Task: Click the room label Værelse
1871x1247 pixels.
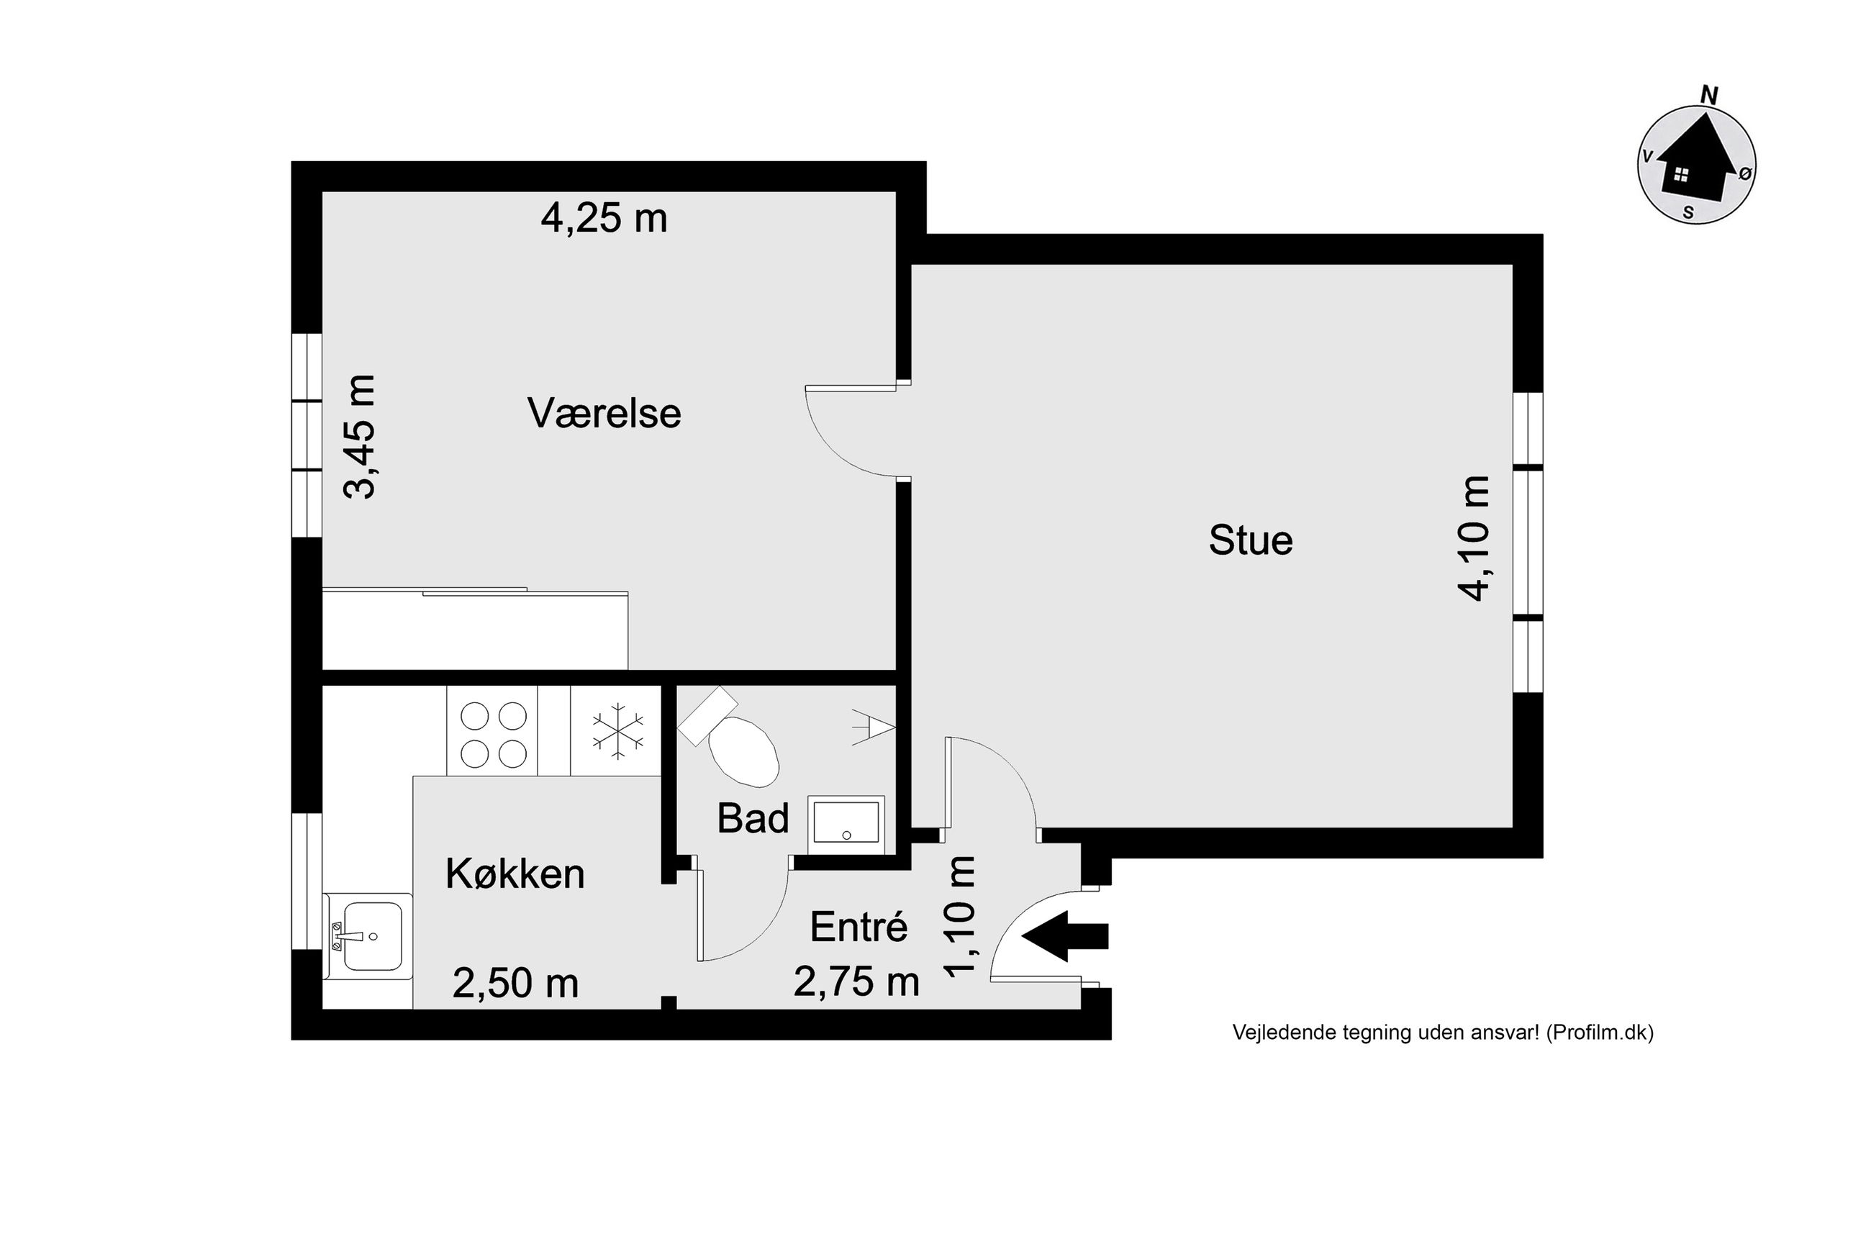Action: pyautogui.click(x=604, y=414)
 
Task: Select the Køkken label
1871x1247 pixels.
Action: pyautogui.click(x=515, y=874)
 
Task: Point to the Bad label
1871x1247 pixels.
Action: pyautogui.click(x=752, y=818)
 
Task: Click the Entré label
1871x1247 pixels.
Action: pyautogui.click(x=859, y=927)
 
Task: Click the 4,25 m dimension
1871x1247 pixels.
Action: pyautogui.click(x=604, y=217)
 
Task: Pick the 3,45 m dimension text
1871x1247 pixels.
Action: pyautogui.click(x=359, y=436)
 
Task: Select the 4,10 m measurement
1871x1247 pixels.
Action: pyautogui.click(x=1472, y=538)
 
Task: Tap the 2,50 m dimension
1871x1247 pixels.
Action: pyautogui.click(x=515, y=983)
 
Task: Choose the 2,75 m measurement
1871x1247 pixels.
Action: pyautogui.click(x=856, y=983)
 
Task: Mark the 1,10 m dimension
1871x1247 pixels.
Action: pyautogui.click(x=959, y=915)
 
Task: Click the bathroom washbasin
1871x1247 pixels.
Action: pyautogui.click(x=846, y=824)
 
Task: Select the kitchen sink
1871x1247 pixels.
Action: pyautogui.click(x=367, y=936)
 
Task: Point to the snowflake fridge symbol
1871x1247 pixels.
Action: pyautogui.click(x=616, y=731)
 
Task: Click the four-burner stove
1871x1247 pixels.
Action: pyautogui.click(x=493, y=732)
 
